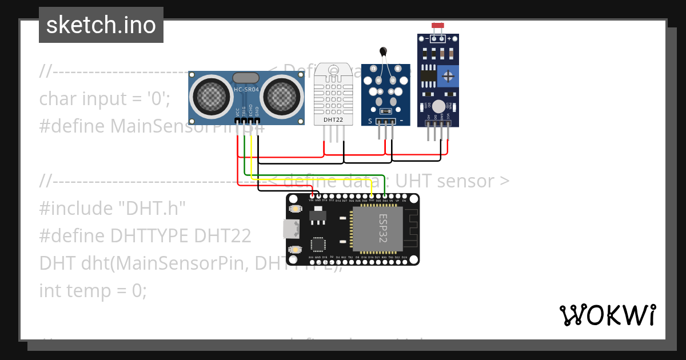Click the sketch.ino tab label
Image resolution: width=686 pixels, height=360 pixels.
point(101,25)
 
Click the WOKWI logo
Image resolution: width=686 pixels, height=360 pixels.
point(607,315)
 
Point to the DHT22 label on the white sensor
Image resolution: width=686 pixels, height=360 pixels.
point(333,120)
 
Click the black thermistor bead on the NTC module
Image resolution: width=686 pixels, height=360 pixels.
point(382,53)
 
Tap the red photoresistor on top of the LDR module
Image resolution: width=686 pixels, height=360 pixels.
point(438,26)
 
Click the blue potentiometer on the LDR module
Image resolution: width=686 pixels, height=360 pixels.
point(449,75)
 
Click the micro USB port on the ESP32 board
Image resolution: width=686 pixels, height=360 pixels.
point(291,229)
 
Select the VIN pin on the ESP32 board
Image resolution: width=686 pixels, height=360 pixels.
point(312,201)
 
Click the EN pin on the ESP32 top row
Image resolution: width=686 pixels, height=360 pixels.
point(404,201)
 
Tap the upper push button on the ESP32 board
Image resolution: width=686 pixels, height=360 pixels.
point(296,209)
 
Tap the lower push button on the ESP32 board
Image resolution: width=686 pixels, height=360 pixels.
point(296,250)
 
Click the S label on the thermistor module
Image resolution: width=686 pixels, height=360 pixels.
point(370,121)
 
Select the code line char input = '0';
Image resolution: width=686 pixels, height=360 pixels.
point(105,99)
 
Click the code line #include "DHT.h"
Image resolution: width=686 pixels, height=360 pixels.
point(113,209)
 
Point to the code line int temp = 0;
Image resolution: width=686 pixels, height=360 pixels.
point(93,291)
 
